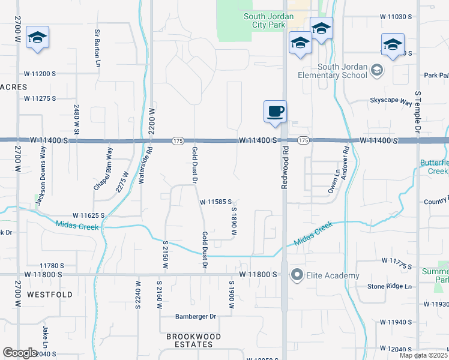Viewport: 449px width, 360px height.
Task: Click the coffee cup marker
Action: point(275,112)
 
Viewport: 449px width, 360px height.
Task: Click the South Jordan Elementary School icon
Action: point(376,71)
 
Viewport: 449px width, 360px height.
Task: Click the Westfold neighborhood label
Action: point(50,295)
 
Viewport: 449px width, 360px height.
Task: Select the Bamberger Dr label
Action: point(195,316)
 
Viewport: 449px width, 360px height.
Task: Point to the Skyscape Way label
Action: point(391,101)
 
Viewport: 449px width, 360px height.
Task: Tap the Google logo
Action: point(20,352)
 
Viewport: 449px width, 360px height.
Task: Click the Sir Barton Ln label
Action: point(97,48)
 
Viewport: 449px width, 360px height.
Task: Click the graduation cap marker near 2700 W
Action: point(38,38)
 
